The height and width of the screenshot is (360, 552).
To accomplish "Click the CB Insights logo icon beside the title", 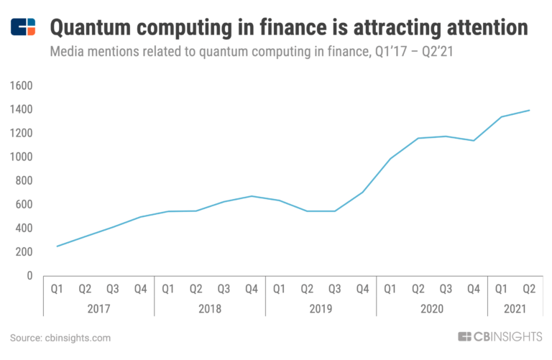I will pos(23,28).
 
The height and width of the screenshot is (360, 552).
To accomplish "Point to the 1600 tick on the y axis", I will pos(22,86).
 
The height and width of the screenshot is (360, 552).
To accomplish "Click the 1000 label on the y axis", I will pos(22,157).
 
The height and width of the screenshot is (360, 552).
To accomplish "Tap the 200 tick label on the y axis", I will pos(24,251).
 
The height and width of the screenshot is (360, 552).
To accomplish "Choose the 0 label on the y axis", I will pos(30,275).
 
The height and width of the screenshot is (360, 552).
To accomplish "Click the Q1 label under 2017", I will pos(57,289).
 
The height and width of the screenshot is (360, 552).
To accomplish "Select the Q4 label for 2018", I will pos(251,289).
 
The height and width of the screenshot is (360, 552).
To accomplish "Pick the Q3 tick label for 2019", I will pos(334,289).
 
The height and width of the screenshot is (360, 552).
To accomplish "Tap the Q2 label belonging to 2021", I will pos(529,289).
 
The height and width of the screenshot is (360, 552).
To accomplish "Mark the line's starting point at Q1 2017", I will pos(57,246).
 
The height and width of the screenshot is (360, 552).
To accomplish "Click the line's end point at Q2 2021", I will pos(529,110).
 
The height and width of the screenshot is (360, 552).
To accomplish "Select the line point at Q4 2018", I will pos(251,196).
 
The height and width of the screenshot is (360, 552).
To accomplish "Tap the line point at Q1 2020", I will pos(390,159).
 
